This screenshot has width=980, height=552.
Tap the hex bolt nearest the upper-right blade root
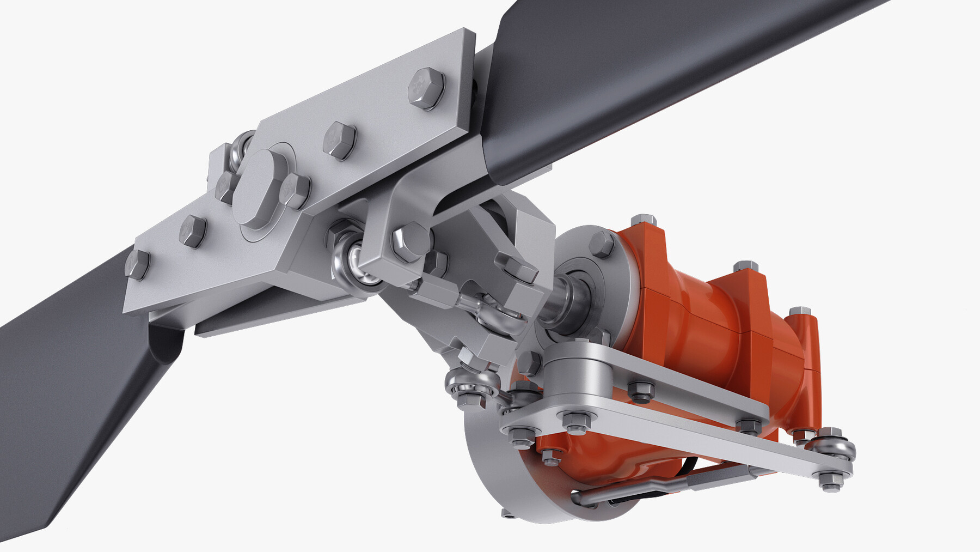[426, 88]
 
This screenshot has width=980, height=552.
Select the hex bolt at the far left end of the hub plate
[137, 265]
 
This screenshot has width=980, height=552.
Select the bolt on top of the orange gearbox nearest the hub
[643, 220]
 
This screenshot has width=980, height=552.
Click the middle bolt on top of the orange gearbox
[745, 266]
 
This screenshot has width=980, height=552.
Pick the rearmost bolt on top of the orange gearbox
[799, 312]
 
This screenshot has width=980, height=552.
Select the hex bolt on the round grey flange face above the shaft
[601, 244]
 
